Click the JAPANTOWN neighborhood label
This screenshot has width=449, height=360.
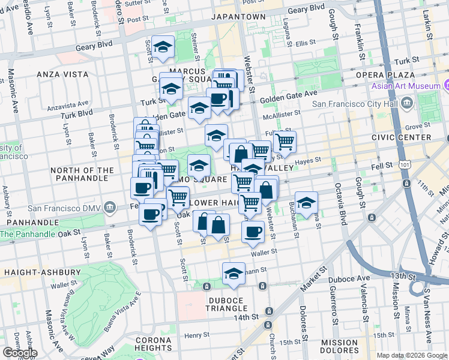(239, 17)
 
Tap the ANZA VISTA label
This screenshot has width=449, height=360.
(62, 74)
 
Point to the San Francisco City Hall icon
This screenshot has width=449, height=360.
(407, 104)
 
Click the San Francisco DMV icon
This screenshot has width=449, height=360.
(109, 208)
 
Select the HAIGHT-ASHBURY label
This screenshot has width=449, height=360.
(42, 272)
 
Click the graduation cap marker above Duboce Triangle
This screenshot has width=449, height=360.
(234, 274)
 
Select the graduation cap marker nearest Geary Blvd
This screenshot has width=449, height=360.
(163, 48)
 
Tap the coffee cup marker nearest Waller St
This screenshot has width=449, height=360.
(253, 232)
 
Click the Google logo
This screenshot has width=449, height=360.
(20, 353)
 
